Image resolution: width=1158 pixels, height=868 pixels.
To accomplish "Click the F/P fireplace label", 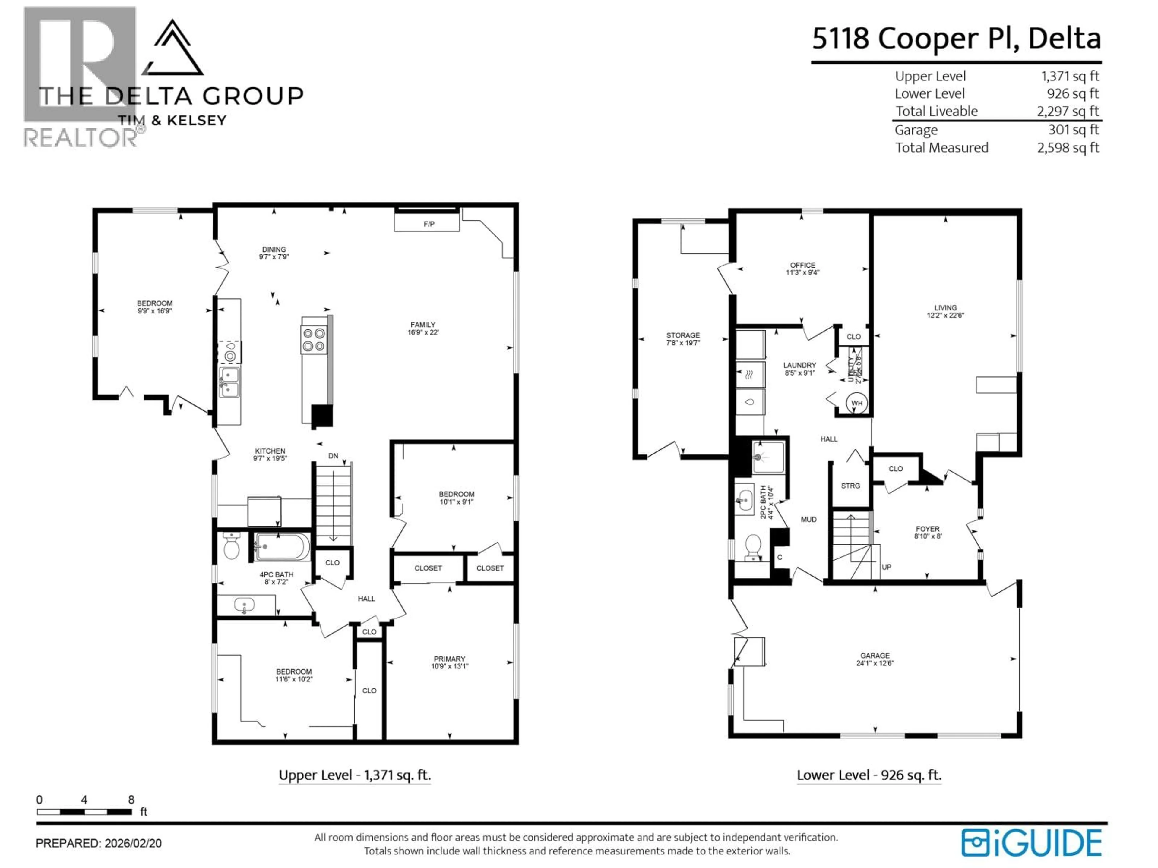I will tap(429, 224).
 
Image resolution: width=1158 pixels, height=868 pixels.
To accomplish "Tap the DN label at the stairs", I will tap(333, 456).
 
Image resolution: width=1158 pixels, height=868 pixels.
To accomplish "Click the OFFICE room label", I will tap(802, 265).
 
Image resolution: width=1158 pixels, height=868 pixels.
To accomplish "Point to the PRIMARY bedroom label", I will tap(449, 659).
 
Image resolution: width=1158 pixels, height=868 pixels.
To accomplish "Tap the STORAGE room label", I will tap(683, 335).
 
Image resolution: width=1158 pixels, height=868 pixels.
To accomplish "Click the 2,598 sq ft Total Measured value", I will tap(1068, 148).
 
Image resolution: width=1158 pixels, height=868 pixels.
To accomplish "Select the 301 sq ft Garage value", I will tap(1073, 130).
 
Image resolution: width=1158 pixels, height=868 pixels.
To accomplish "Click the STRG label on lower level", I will tap(850, 486).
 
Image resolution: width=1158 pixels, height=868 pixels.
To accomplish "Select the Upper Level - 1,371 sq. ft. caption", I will tap(354, 775).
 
